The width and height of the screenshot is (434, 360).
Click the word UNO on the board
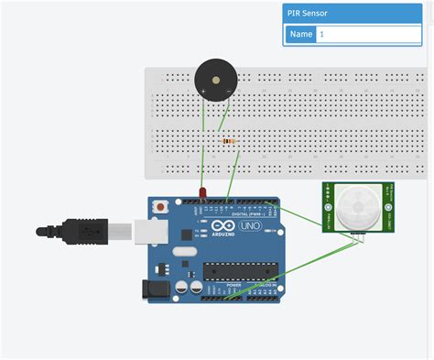coord(250,226)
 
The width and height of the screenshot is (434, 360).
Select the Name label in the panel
coord(301,34)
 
